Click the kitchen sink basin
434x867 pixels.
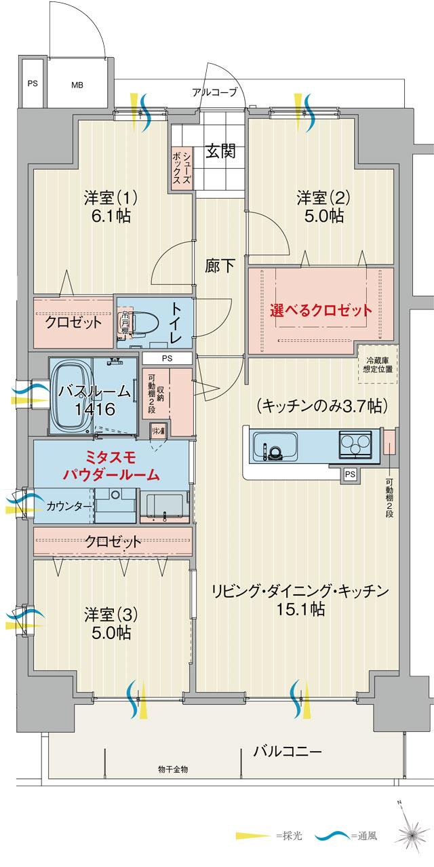(x=274, y=448)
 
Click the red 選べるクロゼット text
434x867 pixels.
(x=321, y=311)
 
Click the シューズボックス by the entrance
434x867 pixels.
(x=182, y=169)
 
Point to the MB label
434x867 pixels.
(x=76, y=85)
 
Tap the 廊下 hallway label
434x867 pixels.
(x=220, y=266)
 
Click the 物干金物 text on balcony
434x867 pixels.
(x=173, y=769)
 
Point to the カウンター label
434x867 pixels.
(x=66, y=506)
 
